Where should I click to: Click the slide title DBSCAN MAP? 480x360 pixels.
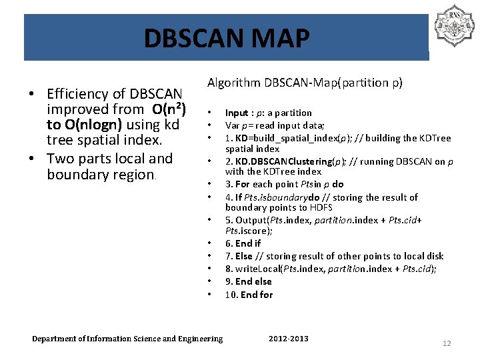pyautogui.click(x=227, y=39)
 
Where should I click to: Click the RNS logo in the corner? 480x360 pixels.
pyautogui.click(x=453, y=26)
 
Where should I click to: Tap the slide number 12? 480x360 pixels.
pyautogui.click(x=446, y=343)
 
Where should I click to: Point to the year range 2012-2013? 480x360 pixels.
pyautogui.click(x=288, y=339)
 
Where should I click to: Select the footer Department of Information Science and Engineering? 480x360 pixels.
pyautogui.click(x=127, y=339)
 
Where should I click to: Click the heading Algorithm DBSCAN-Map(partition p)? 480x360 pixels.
pyautogui.click(x=305, y=83)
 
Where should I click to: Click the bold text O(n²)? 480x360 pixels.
pyautogui.click(x=169, y=109)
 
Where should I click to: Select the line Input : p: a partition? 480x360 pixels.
pyautogui.click(x=268, y=113)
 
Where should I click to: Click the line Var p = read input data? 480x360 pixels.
pyautogui.click(x=275, y=125)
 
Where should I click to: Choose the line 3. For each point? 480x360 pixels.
pyautogui.click(x=284, y=184)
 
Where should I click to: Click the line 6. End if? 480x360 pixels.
pyautogui.click(x=243, y=243)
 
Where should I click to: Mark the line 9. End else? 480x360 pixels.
pyautogui.click(x=249, y=281)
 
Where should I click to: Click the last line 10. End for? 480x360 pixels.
pyautogui.click(x=249, y=295)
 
